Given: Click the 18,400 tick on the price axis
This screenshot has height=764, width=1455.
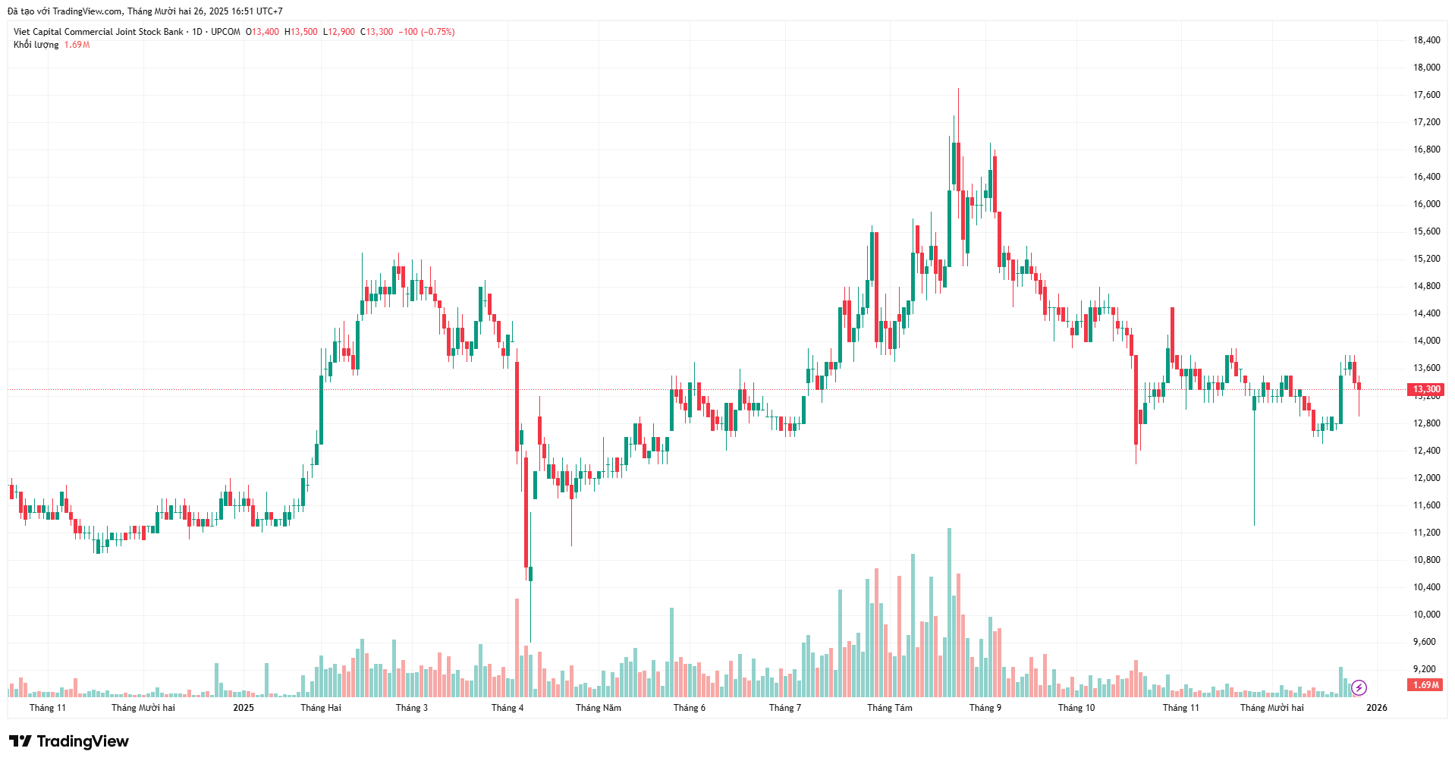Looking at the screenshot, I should [x=1426, y=40].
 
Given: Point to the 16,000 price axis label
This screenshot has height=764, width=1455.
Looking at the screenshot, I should [x=1426, y=204].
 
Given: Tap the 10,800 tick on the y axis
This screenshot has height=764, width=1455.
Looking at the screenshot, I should [x=1426, y=560].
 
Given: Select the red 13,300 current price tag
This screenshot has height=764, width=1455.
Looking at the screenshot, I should [x=1426, y=389].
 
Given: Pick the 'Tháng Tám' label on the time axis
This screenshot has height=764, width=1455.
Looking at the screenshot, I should [x=890, y=708].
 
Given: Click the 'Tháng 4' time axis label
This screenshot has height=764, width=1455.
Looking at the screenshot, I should [x=508, y=708].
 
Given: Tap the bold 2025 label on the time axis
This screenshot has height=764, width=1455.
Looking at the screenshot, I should [x=244, y=708].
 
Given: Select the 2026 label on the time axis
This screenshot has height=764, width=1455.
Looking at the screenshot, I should [x=1376, y=708].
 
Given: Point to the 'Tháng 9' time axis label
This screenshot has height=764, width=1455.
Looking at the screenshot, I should [x=985, y=708].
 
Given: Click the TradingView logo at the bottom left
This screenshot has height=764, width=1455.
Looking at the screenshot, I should [x=69, y=741].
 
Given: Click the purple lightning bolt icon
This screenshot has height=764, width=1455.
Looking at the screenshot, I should [x=1359, y=687].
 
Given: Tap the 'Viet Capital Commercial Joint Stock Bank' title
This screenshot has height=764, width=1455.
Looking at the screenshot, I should [x=99, y=32].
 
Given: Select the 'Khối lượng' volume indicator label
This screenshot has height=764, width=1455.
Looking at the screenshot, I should [x=36, y=45].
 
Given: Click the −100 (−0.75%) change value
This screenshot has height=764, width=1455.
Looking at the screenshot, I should [x=428, y=32].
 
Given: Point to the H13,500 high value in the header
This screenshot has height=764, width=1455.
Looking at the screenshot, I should [x=301, y=32].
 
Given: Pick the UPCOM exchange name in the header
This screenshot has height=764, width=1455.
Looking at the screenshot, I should [x=225, y=32].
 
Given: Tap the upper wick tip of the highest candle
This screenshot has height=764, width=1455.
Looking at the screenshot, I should [x=958, y=89].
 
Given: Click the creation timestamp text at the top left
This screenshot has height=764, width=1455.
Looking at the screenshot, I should [x=145, y=11].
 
